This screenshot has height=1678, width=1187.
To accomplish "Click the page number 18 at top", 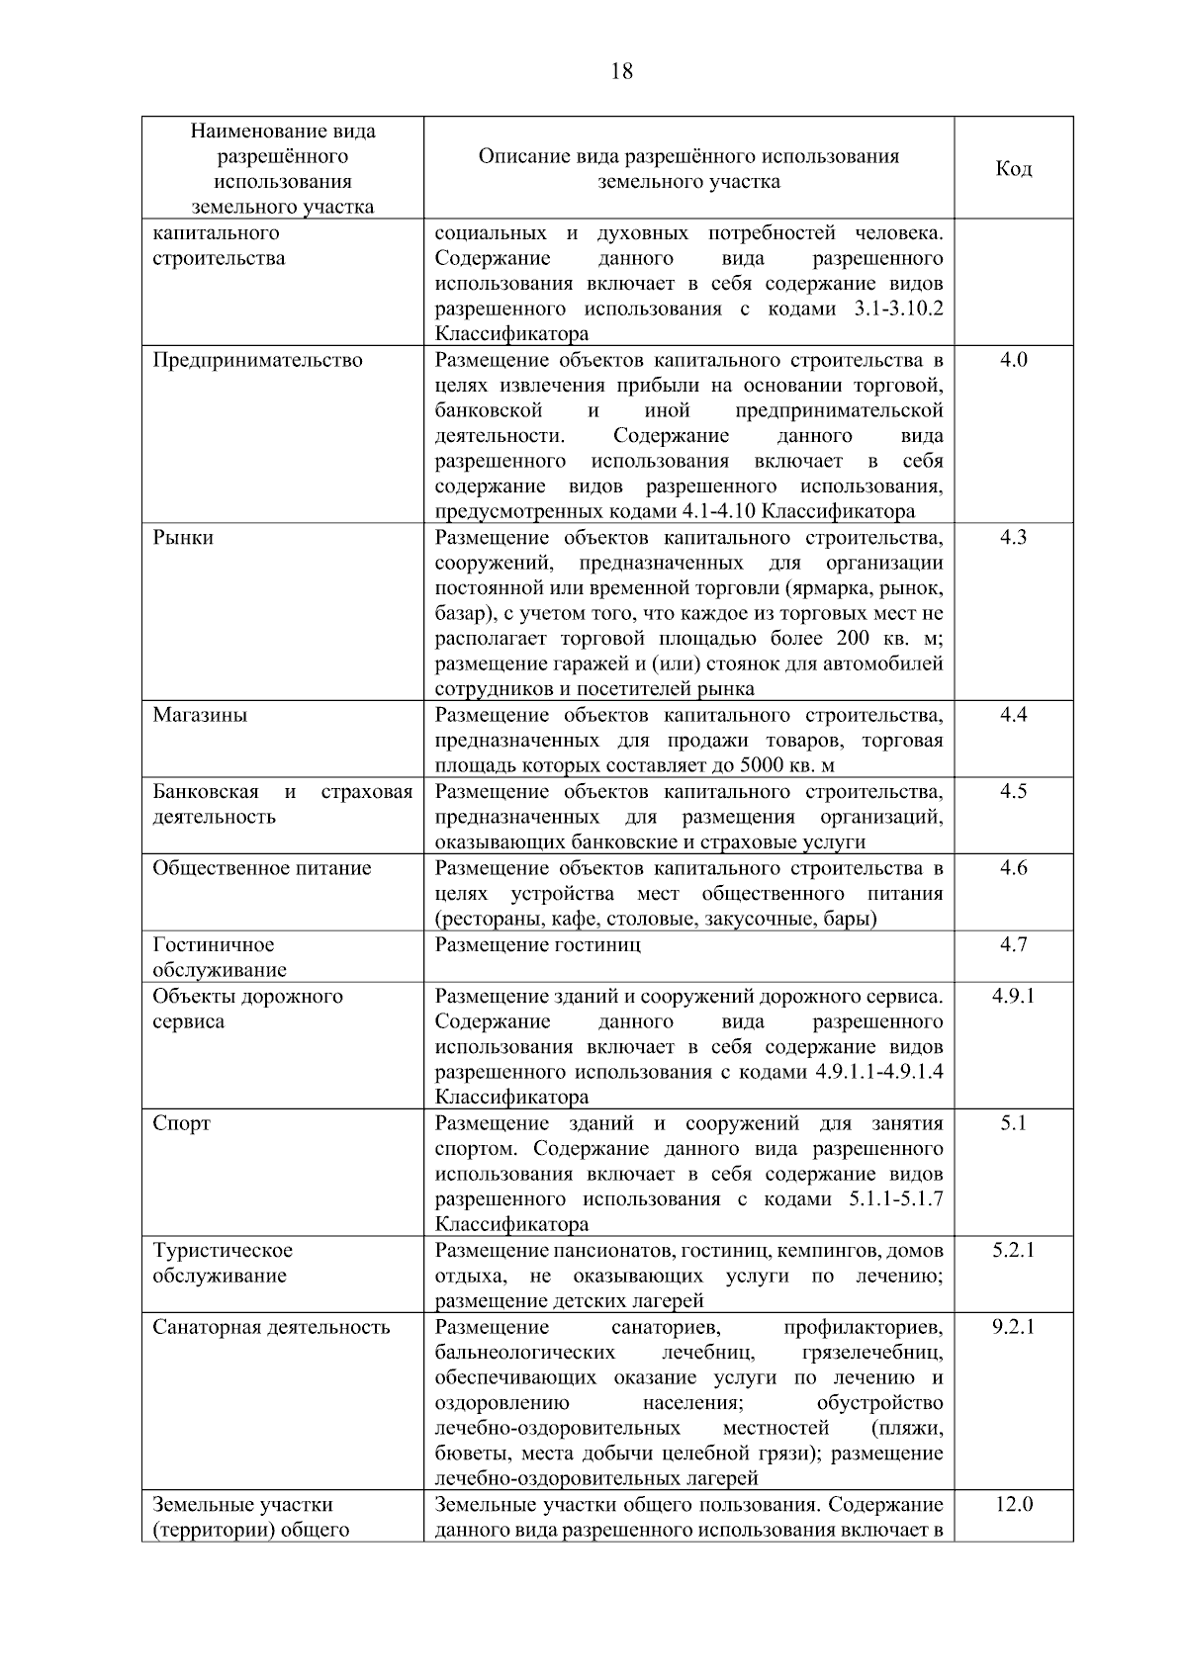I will (622, 71).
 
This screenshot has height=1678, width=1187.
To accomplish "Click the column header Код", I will (1013, 169).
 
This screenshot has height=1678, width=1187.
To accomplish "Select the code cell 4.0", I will (1013, 360).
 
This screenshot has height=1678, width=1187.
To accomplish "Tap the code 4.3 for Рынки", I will (1013, 538).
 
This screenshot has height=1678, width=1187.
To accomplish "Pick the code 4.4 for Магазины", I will (1013, 715).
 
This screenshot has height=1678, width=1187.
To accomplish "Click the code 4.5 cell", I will (1013, 791).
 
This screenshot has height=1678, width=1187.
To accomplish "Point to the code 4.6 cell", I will (1013, 868).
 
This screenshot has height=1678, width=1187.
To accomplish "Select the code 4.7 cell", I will (1013, 944).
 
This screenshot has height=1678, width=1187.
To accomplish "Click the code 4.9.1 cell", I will (1013, 996).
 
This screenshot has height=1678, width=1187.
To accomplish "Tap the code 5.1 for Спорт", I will (1013, 1123).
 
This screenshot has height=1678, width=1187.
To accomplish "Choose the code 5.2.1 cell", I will (1013, 1250).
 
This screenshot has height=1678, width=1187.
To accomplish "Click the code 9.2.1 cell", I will (1013, 1327).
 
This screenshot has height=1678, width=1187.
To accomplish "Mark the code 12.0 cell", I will (1013, 1505).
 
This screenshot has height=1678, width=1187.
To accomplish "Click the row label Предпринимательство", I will (257, 360).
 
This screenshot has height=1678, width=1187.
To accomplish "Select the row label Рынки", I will (183, 538).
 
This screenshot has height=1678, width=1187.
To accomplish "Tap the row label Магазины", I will (200, 715).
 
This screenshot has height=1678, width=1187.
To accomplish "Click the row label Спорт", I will (181, 1123).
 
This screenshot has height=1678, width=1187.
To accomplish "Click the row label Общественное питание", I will (261, 868).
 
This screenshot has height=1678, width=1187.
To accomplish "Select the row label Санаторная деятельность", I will (271, 1327).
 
